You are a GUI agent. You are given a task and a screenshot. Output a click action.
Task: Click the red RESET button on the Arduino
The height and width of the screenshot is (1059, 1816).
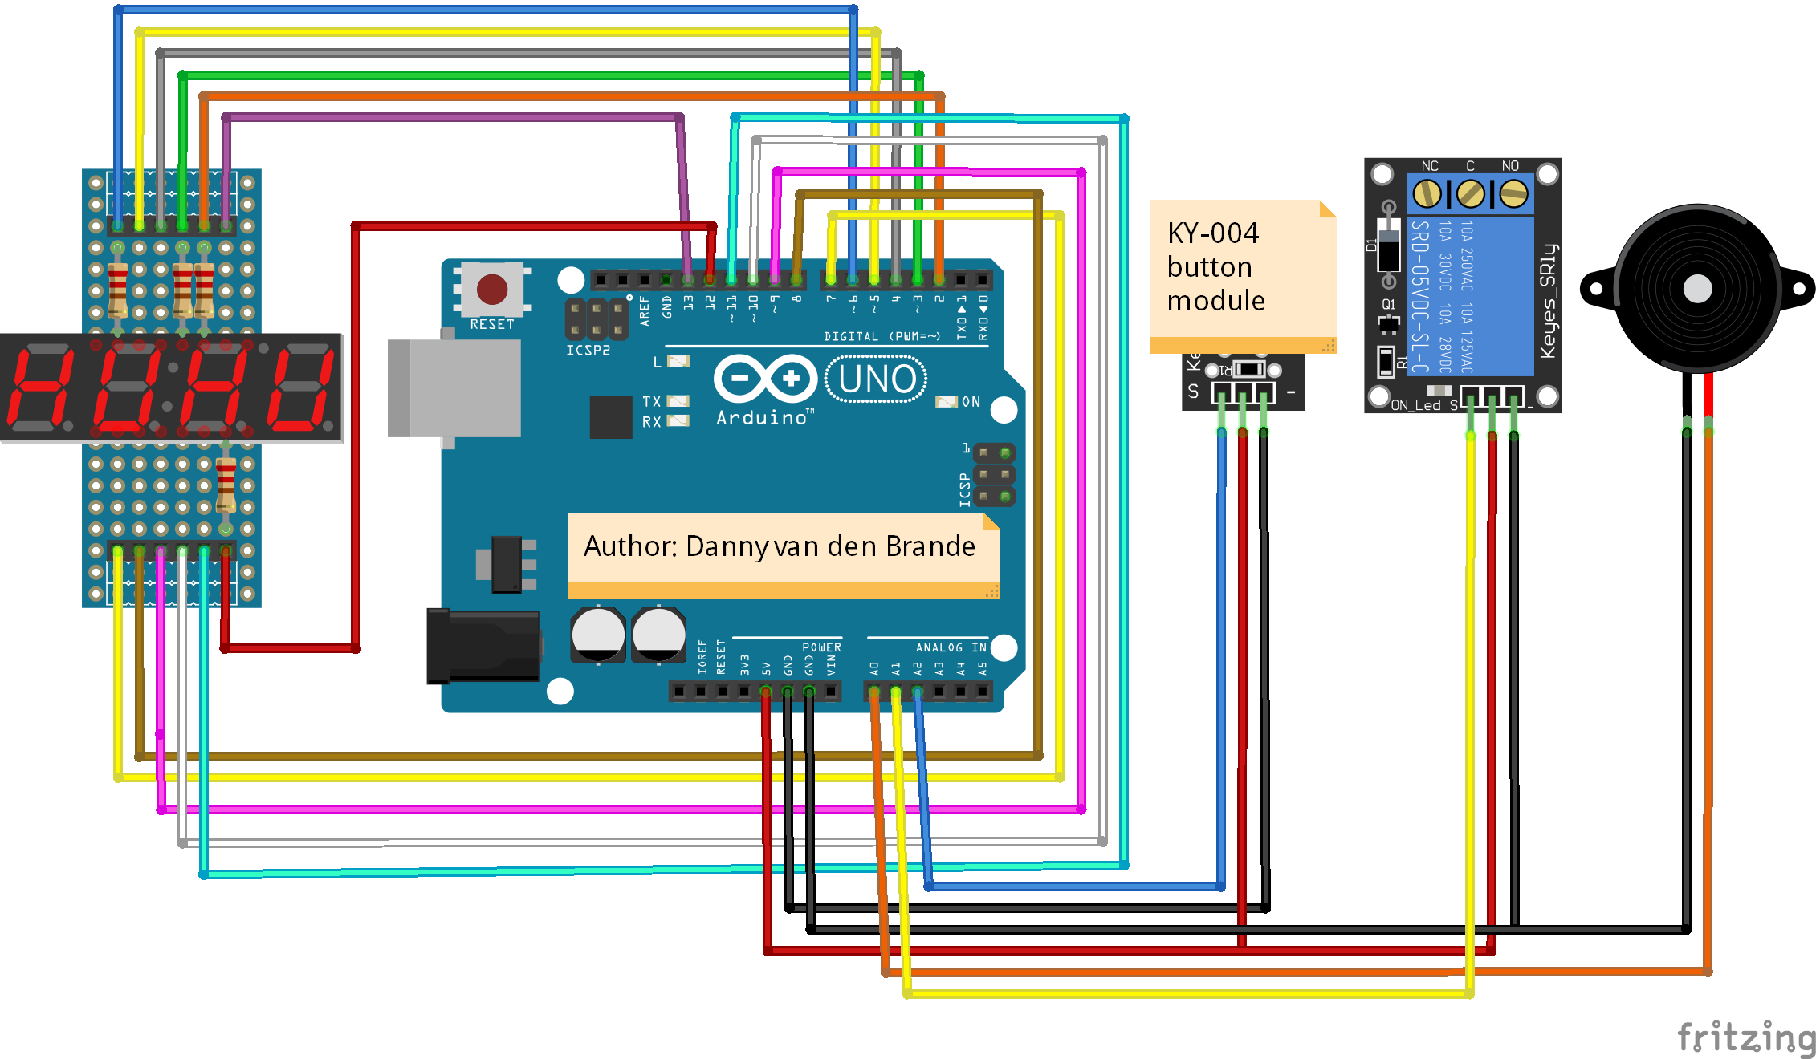(492, 289)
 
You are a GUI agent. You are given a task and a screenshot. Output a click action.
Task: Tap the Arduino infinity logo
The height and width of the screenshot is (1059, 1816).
(765, 378)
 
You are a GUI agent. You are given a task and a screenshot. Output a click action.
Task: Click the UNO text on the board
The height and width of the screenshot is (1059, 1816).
(877, 379)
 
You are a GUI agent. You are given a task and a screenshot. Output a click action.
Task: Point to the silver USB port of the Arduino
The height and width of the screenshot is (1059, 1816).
(454, 388)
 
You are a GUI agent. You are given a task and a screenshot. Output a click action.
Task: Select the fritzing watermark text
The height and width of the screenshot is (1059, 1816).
(1745, 1037)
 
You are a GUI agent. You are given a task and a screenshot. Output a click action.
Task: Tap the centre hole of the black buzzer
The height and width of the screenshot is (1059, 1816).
(1697, 289)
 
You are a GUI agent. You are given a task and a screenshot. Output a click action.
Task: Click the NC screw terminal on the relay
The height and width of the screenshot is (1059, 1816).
(1427, 193)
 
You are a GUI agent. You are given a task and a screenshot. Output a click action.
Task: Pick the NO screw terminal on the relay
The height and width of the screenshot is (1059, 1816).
(1513, 193)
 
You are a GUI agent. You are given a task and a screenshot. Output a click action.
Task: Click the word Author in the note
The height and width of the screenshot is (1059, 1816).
(631, 546)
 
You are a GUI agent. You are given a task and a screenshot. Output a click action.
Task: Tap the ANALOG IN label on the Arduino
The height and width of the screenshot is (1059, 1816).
(951, 647)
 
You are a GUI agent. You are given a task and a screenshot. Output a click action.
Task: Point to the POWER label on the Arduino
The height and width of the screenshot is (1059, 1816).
(821, 647)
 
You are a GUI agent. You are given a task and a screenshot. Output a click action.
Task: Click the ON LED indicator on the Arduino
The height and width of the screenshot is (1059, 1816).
(947, 401)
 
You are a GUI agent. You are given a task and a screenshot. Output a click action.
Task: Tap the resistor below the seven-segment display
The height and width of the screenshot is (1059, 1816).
(226, 485)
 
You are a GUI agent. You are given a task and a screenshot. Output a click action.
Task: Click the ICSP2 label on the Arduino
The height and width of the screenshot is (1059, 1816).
(588, 351)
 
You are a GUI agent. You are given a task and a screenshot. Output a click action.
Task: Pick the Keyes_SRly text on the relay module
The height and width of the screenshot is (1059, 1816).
(1548, 301)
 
